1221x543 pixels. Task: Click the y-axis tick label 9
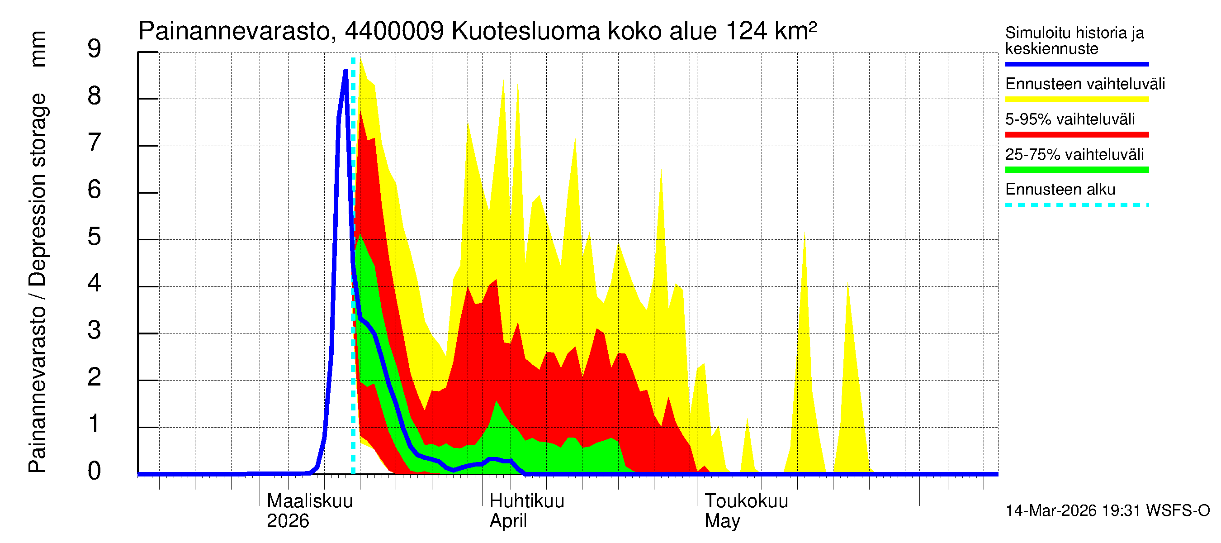point(95,49)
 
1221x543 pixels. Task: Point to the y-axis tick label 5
point(95,237)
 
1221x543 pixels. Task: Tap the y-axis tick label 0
point(95,472)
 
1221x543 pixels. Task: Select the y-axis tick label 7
point(95,143)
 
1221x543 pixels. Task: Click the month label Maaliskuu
point(309,501)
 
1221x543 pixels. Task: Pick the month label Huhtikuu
point(526,501)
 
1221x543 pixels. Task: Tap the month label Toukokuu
point(746,501)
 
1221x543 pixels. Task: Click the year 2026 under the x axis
point(288,521)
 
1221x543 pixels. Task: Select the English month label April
point(508,521)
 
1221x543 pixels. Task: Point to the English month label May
point(722,521)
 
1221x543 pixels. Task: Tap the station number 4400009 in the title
point(394,31)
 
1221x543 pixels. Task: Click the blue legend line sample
point(1076,64)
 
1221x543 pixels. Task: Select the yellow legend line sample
point(1076,100)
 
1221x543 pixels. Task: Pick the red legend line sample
point(1076,135)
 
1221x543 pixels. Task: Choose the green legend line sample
point(1076,170)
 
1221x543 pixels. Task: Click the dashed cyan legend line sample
point(1076,205)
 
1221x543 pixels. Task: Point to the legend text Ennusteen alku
point(1060,190)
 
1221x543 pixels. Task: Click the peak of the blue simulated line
point(346,71)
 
